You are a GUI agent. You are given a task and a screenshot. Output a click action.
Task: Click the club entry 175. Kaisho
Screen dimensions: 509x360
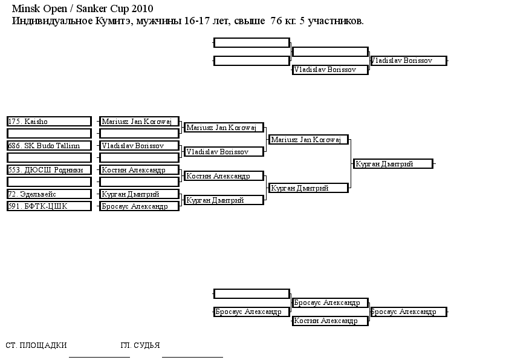[49, 122]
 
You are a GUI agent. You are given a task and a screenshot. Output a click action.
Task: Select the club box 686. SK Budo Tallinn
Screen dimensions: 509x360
[49, 146]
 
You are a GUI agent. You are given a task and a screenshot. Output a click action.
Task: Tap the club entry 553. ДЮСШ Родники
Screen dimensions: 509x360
[49, 170]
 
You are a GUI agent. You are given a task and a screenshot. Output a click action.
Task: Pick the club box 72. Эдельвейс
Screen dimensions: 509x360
[49, 194]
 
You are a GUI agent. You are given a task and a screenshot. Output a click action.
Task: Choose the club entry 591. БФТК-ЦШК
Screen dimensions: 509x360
[49, 206]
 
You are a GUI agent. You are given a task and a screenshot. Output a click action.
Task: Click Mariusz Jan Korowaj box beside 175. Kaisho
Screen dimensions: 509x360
[139, 122]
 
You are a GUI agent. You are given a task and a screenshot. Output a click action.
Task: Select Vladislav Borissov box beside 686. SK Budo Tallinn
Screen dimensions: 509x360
[139, 146]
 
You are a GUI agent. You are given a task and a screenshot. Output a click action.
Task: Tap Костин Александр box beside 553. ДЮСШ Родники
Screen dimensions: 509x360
[139, 170]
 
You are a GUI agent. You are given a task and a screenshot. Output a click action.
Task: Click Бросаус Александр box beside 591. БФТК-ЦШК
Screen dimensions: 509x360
[139, 206]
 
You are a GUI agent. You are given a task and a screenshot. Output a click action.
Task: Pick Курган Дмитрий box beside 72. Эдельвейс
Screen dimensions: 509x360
[139, 194]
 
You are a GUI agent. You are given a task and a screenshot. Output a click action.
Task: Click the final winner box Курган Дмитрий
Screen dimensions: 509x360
[393, 164]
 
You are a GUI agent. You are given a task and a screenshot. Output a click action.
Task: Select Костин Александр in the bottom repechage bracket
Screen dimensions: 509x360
[330, 321]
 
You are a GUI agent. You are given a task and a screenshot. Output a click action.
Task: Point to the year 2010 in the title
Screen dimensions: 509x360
[142, 8]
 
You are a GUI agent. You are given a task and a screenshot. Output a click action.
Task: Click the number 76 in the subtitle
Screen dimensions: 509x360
[276, 21]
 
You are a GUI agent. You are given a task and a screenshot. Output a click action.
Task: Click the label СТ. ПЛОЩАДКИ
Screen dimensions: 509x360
[36, 345]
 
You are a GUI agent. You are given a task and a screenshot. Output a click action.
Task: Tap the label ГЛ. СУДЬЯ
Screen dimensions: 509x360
[140, 345]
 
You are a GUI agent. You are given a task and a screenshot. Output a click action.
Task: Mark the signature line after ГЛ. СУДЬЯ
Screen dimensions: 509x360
[192, 357]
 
